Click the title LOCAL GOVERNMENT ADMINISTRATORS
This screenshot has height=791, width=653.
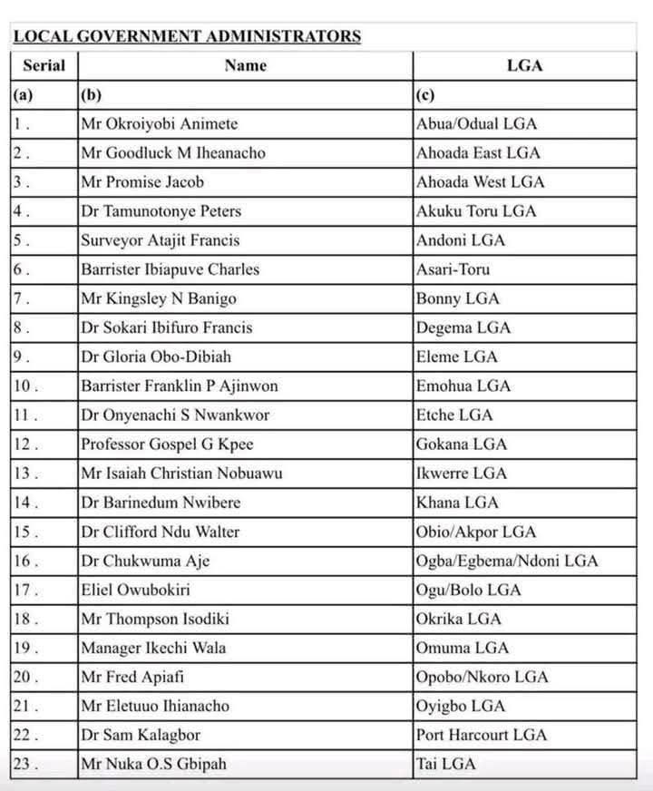click(x=188, y=37)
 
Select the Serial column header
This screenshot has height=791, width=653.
click(x=44, y=65)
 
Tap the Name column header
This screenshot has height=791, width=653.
click(x=245, y=65)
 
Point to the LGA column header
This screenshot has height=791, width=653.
click(x=526, y=65)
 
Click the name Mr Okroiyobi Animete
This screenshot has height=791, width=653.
click(x=160, y=124)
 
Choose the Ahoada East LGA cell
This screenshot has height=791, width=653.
click(x=478, y=153)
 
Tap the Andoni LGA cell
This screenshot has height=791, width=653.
click(x=461, y=240)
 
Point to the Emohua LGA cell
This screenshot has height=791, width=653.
click(x=463, y=386)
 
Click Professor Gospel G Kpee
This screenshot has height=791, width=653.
click(x=167, y=444)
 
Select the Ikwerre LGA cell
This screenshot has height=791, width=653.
click(x=462, y=473)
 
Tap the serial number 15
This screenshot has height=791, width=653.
click(x=26, y=532)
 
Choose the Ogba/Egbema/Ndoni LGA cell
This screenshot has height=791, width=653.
click(x=507, y=561)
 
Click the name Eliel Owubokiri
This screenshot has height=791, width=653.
click(x=135, y=590)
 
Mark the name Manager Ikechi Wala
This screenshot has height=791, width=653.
click(x=153, y=648)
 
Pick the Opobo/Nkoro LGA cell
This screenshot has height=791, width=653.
click(x=482, y=677)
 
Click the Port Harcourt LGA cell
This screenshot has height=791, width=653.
click(x=482, y=735)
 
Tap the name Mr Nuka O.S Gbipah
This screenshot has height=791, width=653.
click(x=153, y=764)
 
